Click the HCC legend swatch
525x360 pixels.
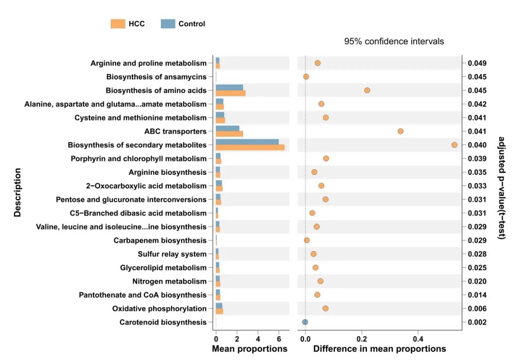[118, 24]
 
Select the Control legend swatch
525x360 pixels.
[168, 24]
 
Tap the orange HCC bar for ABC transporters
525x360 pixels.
[229, 134]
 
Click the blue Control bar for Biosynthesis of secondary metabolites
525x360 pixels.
[247, 142]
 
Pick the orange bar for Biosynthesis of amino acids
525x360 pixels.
[230, 93]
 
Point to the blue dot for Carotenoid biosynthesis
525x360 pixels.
[305, 322]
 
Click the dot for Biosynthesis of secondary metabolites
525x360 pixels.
[454, 145]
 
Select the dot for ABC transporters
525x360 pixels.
[401, 131]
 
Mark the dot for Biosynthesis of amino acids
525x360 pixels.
[367, 90]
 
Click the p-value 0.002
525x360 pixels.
[476, 322]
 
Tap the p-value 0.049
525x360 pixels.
[476, 63]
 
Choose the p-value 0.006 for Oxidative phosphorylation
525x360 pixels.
[476, 309]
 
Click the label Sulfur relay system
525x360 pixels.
[172, 254]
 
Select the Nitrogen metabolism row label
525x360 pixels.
[169, 281]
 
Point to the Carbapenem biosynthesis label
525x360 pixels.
[160, 240]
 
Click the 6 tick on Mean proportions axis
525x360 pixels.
[279, 339]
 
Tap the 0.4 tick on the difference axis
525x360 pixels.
[418, 339]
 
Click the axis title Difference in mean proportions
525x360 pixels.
[379, 349]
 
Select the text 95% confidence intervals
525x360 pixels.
[394, 41]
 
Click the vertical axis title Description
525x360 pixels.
[17, 192]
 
